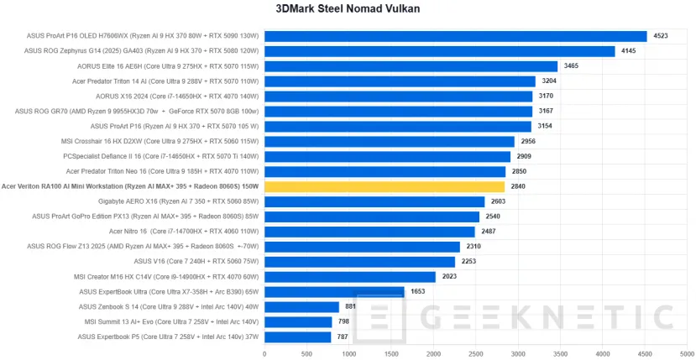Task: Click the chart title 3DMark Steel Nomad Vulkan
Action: pyautogui.click(x=348, y=9)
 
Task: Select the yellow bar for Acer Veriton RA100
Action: pyautogui.click(x=385, y=186)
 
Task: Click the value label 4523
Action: pyautogui.click(x=661, y=36)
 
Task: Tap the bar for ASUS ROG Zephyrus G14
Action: pyautogui.click(x=439, y=51)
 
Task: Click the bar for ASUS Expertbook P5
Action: pyautogui.click(x=297, y=337)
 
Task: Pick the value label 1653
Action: pyautogui.click(x=418, y=291)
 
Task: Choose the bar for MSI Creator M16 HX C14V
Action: pyautogui.click(x=349, y=276)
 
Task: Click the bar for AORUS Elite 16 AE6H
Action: pyautogui.click(x=411, y=66)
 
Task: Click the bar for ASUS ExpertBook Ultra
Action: pyautogui.click(x=334, y=291)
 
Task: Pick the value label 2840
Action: pyautogui.click(x=519, y=186)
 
